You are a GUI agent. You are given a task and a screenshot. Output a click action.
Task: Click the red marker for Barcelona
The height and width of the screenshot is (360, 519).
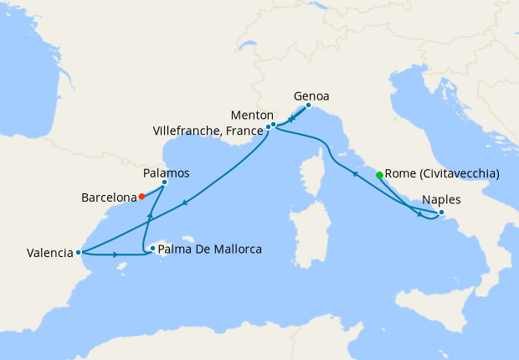point(141,197)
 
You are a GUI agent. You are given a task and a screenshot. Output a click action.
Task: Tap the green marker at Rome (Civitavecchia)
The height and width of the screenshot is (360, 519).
point(379,175)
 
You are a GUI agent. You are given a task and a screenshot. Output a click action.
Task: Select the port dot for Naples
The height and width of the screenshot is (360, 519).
point(441,213)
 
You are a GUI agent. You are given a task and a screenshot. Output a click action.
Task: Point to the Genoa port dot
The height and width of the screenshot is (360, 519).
point(308,105)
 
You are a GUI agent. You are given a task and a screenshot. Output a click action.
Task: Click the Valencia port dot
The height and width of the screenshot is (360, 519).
point(78,252)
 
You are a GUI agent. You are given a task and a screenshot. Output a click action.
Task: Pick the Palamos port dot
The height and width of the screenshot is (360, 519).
point(164,183)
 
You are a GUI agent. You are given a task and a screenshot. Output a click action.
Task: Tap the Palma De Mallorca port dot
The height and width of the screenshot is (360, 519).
point(152,248)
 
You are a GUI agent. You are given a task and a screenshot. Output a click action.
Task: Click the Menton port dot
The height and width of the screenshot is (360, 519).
point(273,125)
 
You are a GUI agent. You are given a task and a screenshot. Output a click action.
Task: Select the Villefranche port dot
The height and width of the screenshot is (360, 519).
point(268,127)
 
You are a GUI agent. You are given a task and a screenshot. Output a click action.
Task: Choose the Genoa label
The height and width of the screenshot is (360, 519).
point(311,95)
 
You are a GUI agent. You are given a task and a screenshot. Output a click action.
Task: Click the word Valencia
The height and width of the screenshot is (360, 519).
point(49,253)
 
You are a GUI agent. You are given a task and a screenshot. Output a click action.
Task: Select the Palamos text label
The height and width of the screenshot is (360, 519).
point(166,172)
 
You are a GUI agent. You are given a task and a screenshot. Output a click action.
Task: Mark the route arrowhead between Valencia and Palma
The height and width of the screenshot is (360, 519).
point(114,255)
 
